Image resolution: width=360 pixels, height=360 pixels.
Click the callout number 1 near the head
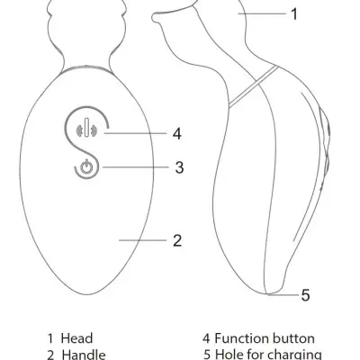(294, 14)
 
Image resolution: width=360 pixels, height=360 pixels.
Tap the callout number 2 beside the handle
(177, 240)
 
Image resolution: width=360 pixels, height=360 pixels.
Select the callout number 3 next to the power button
(179, 167)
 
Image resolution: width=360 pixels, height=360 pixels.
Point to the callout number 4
(177, 133)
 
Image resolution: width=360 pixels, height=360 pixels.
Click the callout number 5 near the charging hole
(305, 295)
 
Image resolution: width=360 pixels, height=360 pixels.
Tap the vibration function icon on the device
(86, 128)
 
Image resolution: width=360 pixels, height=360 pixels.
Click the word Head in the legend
(76, 338)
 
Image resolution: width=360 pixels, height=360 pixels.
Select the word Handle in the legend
(84, 355)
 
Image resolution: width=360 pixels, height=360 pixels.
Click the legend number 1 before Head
(50, 338)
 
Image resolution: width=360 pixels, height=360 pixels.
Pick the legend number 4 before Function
(206, 338)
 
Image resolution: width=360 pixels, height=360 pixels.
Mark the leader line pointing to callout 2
(142, 240)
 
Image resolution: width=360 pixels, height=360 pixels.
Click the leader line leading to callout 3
(136, 167)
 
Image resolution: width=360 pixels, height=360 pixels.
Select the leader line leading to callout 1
(262, 13)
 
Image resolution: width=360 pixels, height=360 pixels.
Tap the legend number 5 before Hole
(207, 355)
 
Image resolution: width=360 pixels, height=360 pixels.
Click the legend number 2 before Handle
(51, 355)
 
